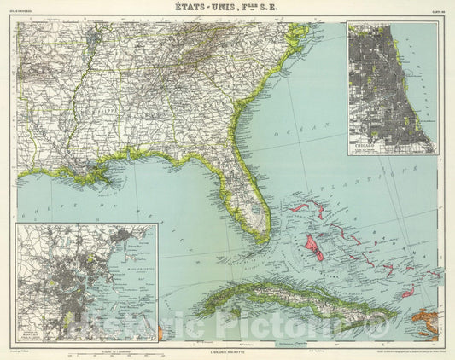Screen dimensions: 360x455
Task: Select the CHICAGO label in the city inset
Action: (367, 147)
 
